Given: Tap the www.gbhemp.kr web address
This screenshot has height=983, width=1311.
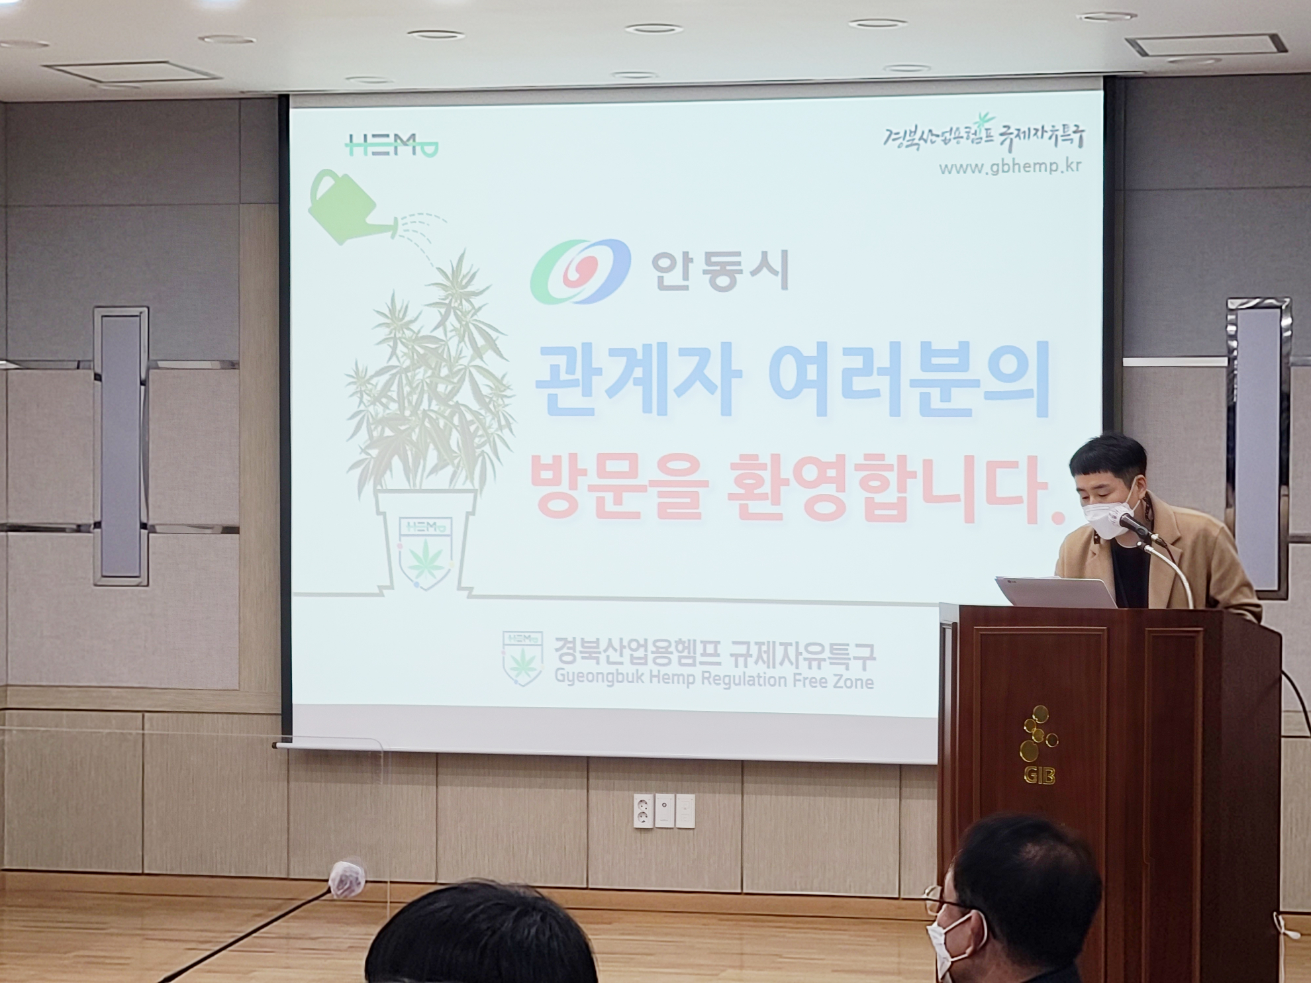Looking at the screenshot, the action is (1010, 167).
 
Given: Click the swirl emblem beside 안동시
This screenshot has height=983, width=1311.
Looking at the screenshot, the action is (580, 271).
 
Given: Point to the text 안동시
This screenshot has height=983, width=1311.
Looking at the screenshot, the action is (719, 271).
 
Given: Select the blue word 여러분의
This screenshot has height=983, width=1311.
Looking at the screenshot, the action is (910, 381).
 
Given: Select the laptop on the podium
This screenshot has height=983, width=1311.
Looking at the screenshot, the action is (1056, 591).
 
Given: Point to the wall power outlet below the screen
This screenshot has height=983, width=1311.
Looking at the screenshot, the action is (642, 811).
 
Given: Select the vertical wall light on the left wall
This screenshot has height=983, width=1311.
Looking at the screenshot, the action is (121, 445).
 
